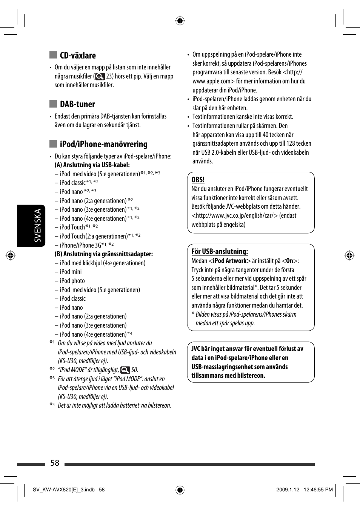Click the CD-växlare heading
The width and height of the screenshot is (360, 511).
tap(78, 55)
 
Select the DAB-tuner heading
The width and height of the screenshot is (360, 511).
tap(77, 104)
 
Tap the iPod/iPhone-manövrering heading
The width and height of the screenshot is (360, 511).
tap(103, 144)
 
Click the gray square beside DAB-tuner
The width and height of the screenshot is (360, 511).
tap(53, 104)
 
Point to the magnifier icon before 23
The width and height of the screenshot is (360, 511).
tap(100, 76)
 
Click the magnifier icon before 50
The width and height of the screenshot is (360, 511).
tap(125, 370)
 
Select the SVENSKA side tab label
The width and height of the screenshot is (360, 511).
tap(37, 225)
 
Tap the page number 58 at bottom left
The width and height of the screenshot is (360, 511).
tap(55, 463)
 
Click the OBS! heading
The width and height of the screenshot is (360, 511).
tap(198, 180)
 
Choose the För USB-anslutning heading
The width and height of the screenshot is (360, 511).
tap(220, 252)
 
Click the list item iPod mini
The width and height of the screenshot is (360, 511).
tap(71, 272)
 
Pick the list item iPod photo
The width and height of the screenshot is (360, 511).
tap(72, 281)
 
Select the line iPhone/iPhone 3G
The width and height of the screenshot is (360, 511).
tap(80, 245)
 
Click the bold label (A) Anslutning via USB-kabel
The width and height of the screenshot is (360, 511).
tap(92, 165)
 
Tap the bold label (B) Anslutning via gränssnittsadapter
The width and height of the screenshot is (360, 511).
tap(103, 254)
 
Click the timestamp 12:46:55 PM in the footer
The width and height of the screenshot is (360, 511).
tap(318, 490)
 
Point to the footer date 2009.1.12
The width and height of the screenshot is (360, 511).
tap(288, 490)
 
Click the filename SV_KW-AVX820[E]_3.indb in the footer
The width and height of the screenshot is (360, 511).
tap(63, 490)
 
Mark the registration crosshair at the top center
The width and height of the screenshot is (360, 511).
tap(180, 21)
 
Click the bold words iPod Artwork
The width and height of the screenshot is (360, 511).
tap(229, 261)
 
